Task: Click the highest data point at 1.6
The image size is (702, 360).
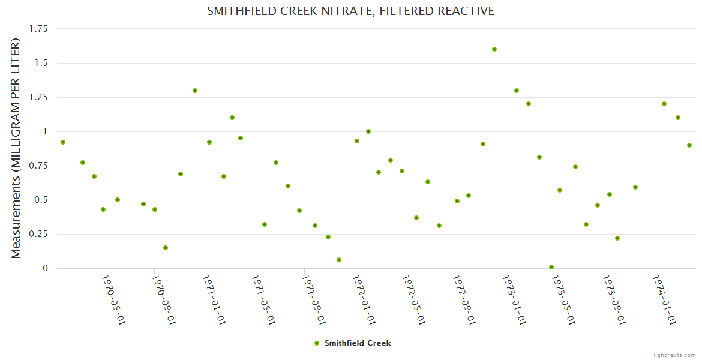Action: [x=494, y=49]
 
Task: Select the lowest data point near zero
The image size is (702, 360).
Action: [x=551, y=267]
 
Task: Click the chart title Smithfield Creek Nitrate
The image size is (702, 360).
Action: [x=350, y=11]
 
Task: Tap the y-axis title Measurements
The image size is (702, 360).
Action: [x=16, y=148]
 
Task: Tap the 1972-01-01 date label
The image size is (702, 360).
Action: [x=364, y=300]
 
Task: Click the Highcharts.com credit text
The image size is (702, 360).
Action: [x=673, y=355]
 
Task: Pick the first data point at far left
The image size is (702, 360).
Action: [x=63, y=142]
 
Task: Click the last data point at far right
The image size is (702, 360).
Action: [x=689, y=145]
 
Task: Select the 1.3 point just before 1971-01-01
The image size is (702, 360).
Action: [x=195, y=91]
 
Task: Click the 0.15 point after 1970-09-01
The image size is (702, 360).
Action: [x=166, y=248]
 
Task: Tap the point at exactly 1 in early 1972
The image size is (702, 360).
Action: [x=368, y=131]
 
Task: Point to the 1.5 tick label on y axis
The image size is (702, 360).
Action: [x=41, y=63]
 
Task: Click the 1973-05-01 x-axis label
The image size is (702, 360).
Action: [x=563, y=300]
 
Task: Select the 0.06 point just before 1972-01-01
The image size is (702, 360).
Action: [x=339, y=260]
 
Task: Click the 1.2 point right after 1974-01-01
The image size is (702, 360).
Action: [x=664, y=104]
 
